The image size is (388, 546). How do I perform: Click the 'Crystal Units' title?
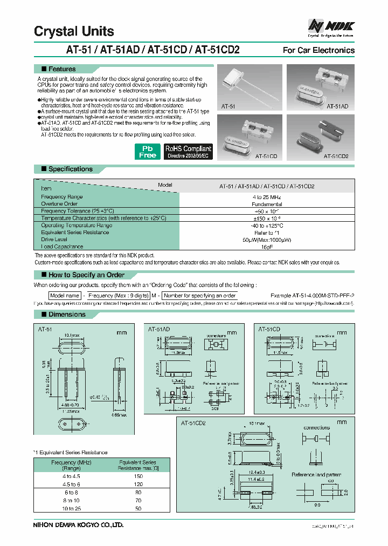74,31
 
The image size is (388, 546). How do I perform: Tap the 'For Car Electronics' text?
318,50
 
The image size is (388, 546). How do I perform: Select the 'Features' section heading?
62,69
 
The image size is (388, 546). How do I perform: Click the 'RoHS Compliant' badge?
188,151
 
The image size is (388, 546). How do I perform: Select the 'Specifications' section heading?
70,169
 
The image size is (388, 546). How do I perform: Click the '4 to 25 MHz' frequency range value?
266,197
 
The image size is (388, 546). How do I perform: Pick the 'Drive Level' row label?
54,239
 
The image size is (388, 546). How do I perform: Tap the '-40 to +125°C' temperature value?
266,226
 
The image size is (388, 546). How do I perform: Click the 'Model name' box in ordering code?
64,296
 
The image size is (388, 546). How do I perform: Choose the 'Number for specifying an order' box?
199,296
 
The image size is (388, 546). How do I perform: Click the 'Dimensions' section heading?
67,314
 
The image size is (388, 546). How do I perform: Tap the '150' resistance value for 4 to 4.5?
137,476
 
